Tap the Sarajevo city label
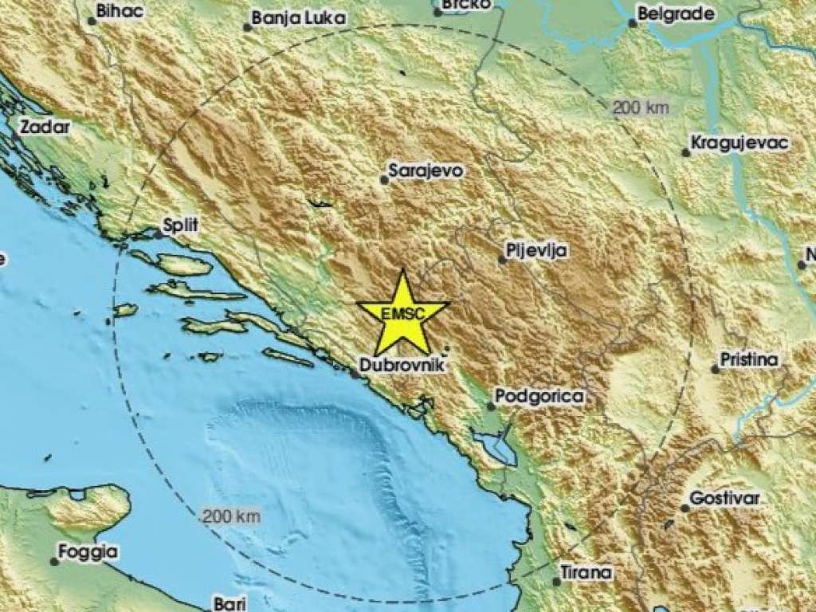point(425,171)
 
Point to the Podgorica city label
point(539,396)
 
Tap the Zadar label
point(45,126)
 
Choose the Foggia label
point(89,551)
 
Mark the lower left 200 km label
point(231,516)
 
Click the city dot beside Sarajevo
point(384,180)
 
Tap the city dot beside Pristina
point(715,368)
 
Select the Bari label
point(227,603)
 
